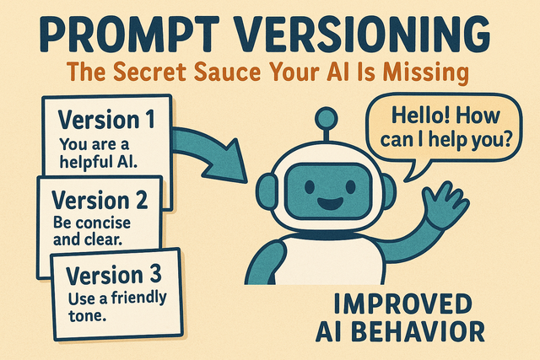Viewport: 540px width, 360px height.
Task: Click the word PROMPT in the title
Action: click(129, 34)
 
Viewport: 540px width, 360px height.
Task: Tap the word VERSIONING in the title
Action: click(363, 34)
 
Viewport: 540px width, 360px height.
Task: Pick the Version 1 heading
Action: click(107, 119)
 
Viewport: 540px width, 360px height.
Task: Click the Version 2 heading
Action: click(100, 200)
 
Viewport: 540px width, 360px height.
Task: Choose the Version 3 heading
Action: click(114, 275)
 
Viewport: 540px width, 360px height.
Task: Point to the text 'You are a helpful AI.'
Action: click(99, 153)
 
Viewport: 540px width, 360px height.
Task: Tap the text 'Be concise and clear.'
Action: click(92, 231)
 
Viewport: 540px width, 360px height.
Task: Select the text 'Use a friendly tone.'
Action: click(117, 306)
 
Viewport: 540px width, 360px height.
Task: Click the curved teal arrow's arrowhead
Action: click(227, 162)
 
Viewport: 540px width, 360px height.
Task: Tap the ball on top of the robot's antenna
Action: click(327, 118)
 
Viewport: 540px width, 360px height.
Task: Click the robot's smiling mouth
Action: click(331, 204)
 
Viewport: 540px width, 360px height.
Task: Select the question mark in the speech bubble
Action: click(506, 139)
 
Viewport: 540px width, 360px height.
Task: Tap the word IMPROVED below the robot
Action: click(403, 304)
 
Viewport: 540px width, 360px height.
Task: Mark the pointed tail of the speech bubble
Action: click(407, 179)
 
